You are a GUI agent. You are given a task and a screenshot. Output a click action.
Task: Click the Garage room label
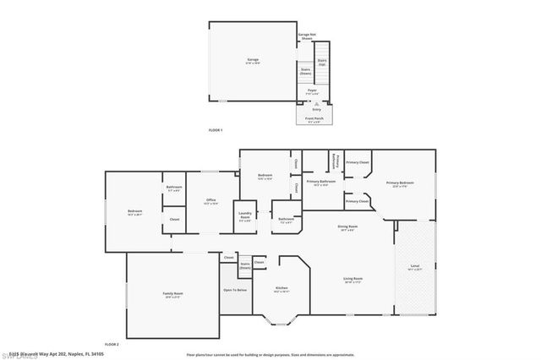coord(252,60)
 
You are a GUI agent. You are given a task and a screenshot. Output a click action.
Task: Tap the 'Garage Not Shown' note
coord(306,36)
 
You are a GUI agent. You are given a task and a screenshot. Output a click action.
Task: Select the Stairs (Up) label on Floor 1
coord(322,62)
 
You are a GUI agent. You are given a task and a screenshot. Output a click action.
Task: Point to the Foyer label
coord(312,90)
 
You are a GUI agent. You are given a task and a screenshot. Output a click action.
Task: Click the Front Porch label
coord(314,118)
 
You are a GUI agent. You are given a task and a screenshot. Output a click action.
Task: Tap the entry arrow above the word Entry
coord(316,103)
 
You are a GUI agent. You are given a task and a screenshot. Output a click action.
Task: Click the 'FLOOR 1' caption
coord(215,130)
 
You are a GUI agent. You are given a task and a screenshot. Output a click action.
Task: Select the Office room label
coord(210,201)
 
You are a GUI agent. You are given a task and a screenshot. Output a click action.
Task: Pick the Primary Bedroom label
coord(400,183)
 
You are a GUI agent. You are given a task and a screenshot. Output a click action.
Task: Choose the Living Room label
coord(352,280)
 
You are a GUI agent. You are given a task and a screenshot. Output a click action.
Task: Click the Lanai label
coord(414,267)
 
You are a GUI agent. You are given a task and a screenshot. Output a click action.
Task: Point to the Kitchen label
coord(281,290)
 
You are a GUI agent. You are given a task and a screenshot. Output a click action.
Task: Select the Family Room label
coord(173,295)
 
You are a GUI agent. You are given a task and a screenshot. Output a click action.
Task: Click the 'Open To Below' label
coord(235,290)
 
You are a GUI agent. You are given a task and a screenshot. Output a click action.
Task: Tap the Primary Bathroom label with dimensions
coord(321,183)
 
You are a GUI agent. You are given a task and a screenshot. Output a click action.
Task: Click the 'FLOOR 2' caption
coord(112,345)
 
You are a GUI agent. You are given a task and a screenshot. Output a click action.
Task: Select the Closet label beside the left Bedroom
coord(174,220)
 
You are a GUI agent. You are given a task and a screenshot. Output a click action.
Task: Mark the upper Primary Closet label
coord(358,162)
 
